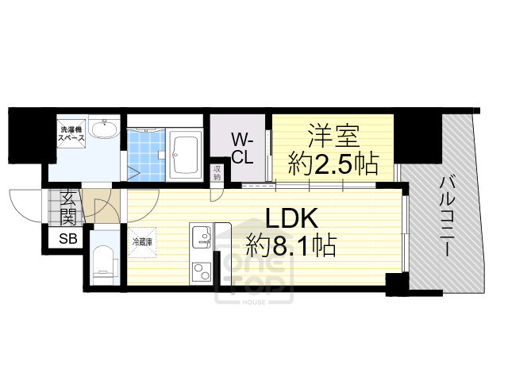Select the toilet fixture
[104, 262]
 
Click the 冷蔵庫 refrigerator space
[141, 242]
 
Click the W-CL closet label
[242, 148]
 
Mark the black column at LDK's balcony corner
[394, 282]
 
